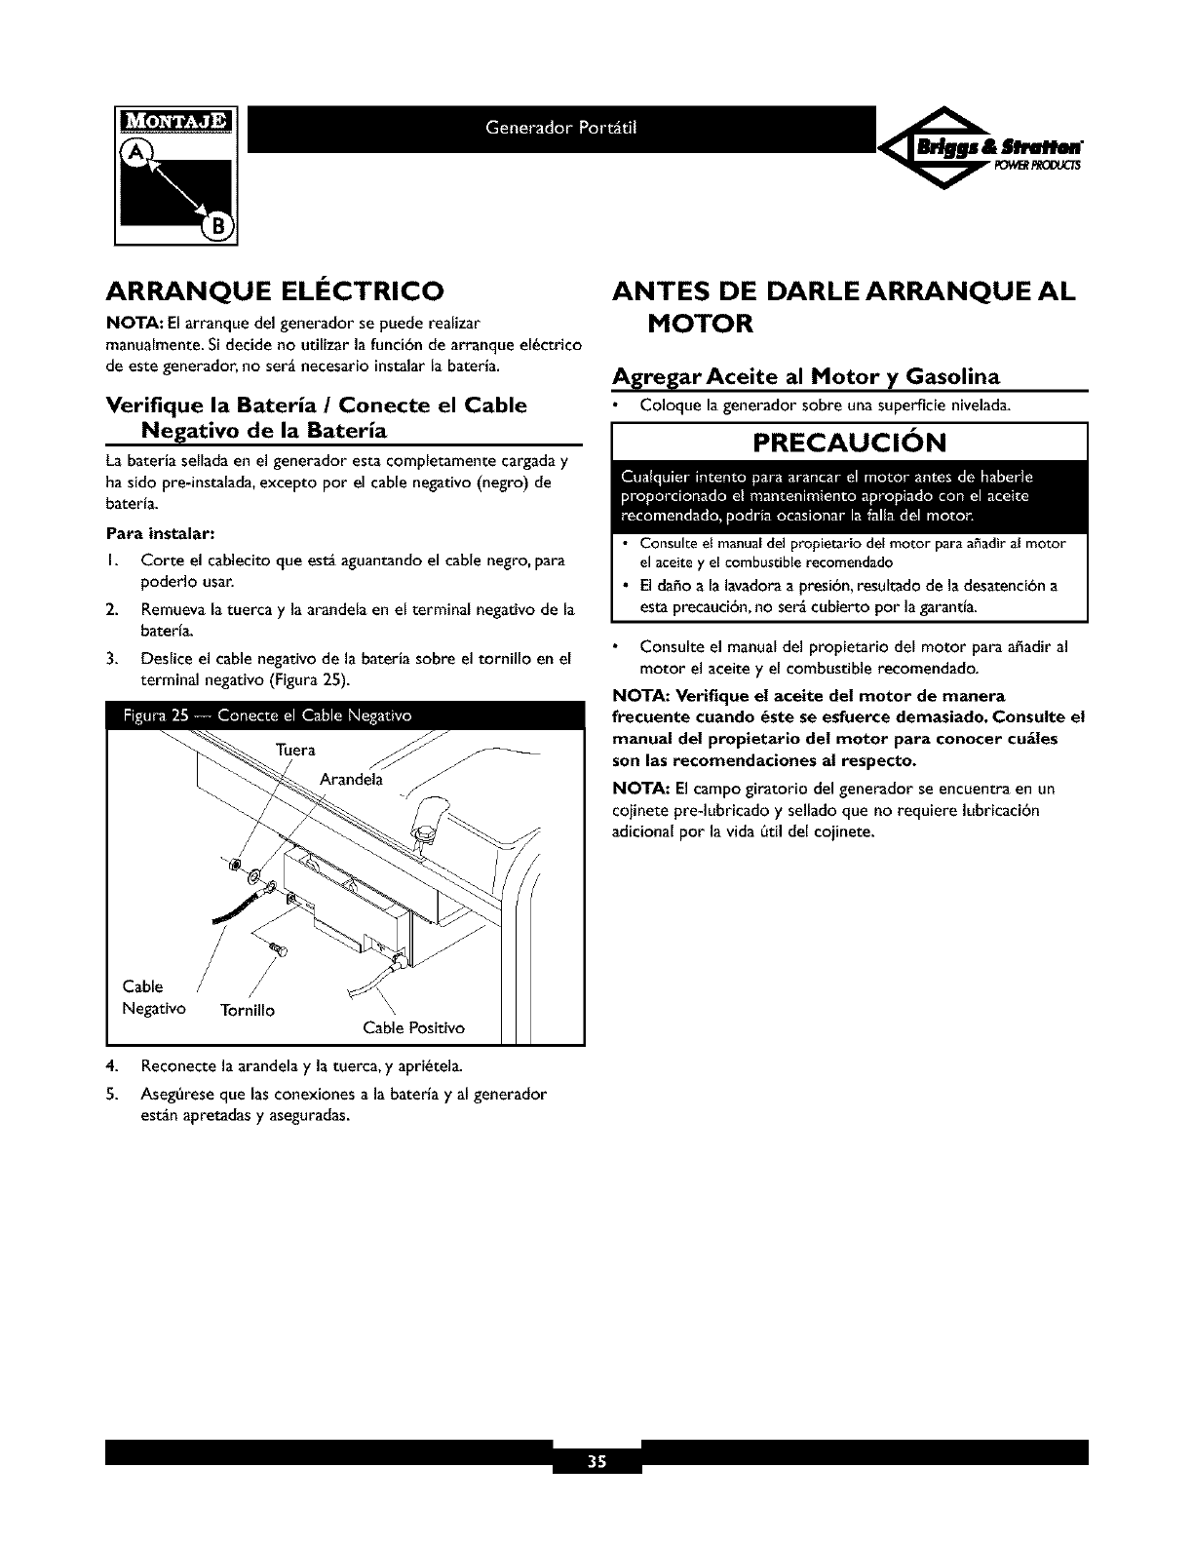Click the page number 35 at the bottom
point(596,1462)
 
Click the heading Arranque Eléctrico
point(275,290)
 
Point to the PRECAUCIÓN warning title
point(849,444)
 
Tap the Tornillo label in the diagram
point(248,1010)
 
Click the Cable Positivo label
point(413,1028)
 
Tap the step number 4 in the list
point(112,1062)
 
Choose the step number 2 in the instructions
point(112,609)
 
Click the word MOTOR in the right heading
point(701,323)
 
